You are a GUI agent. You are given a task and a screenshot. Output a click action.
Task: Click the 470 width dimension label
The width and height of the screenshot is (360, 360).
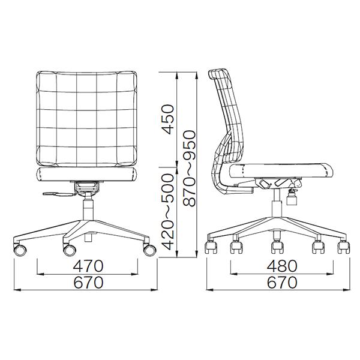pos(88,266)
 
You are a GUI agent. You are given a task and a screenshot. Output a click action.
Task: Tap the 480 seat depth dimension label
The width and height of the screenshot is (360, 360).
pos(282,266)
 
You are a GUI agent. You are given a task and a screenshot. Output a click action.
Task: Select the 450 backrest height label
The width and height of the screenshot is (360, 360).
pos(167,119)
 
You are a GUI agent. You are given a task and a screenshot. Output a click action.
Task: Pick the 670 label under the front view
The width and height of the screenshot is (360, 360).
pos(88,282)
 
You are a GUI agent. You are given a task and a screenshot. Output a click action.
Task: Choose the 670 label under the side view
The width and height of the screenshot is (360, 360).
pos(282,282)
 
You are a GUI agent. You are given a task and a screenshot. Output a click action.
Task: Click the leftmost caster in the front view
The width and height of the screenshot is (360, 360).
pos(20,250)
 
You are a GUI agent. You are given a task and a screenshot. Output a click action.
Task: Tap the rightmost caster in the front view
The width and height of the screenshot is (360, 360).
pos(149,250)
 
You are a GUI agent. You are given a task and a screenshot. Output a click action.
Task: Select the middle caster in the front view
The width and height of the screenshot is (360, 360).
pos(70,250)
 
